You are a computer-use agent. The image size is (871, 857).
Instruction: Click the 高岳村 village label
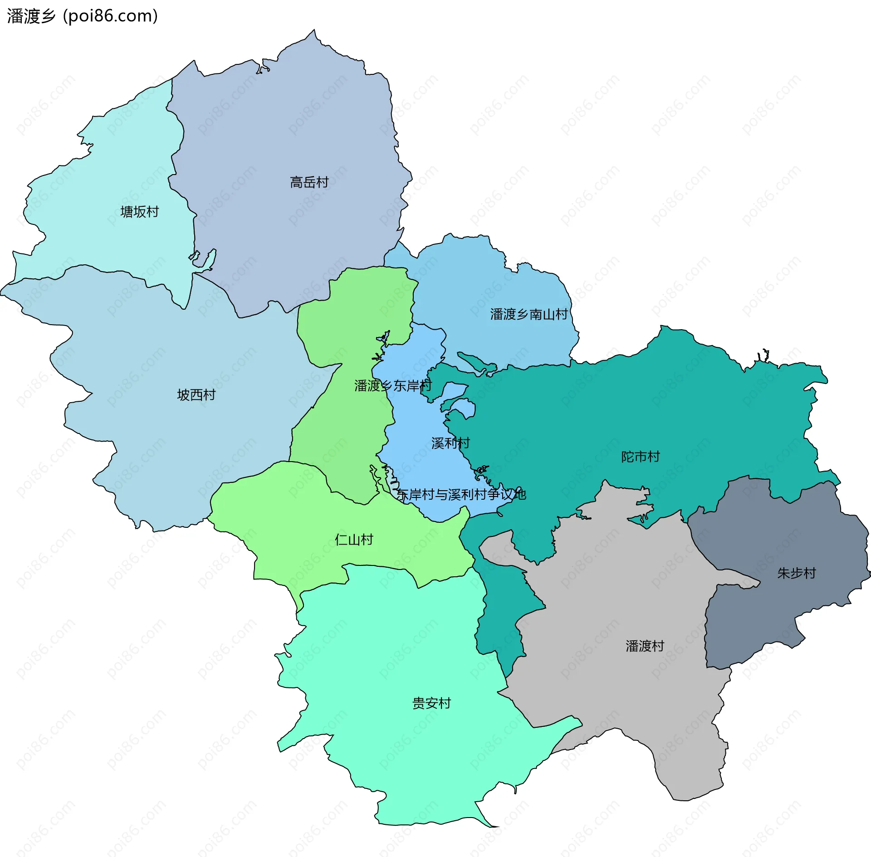[x=309, y=182]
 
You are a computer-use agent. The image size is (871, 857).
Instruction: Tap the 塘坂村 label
[x=139, y=212]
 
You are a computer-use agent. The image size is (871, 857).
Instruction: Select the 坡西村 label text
[x=196, y=395]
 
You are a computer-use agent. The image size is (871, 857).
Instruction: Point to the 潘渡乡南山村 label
[x=528, y=314]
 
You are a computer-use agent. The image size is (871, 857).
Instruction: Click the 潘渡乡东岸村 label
[x=393, y=386]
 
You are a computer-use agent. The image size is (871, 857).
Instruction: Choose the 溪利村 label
[x=450, y=443]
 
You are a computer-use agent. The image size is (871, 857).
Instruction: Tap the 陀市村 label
[x=640, y=457]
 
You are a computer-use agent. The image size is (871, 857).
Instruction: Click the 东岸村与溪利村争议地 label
[x=461, y=494]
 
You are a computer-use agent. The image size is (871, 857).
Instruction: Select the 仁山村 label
[x=354, y=540]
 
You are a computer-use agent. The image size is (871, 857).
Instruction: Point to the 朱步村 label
[x=796, y=573]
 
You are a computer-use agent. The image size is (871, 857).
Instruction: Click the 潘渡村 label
[x=645, y=646]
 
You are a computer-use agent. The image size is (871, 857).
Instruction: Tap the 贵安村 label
[x=431, y=703]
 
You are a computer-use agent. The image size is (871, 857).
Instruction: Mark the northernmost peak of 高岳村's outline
[x=314, y=30]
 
